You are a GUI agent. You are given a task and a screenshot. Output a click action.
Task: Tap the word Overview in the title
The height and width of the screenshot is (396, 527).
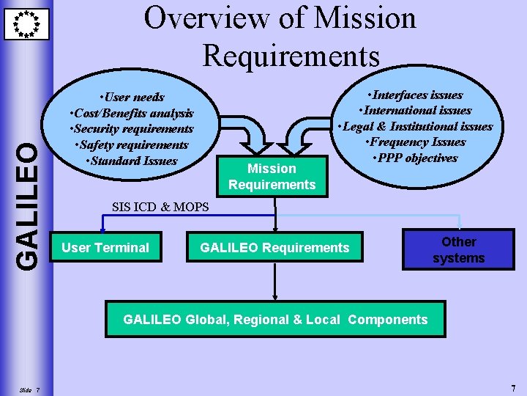click(210, 18)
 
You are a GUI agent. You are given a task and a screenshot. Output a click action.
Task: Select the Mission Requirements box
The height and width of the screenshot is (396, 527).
click(272, 177)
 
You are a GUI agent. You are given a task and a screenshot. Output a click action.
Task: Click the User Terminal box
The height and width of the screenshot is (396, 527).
click(105, 248)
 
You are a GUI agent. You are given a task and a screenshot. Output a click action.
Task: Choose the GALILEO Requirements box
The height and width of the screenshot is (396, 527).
click(274, 248)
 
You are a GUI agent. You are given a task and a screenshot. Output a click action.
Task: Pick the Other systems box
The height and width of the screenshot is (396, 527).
click(458, 250)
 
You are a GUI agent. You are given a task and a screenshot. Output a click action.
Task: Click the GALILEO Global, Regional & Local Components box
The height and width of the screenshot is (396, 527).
click(275, 320)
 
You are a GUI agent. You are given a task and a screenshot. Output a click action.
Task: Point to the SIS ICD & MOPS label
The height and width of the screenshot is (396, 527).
click(160, 207)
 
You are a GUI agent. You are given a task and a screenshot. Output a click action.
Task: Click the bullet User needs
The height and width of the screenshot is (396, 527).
click(133, 97)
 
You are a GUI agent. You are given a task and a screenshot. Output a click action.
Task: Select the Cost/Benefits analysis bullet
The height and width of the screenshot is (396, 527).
click(131, 113)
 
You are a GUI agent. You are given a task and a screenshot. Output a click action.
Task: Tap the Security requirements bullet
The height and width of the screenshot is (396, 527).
click(131, 129)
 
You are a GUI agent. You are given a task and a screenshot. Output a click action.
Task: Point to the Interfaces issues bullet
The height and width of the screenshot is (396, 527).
click(416, 95)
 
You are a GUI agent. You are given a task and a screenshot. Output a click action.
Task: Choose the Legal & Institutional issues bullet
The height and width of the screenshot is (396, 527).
click(416, 126)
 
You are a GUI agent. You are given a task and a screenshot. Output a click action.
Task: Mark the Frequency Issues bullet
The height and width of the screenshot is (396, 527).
click(417, 142)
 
